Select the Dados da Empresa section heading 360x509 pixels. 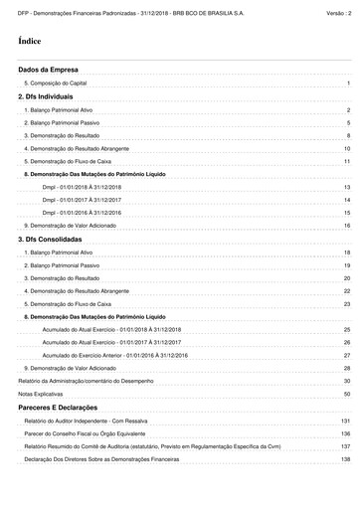[x=48, y=72]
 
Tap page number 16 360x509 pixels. [x=347, y=226]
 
